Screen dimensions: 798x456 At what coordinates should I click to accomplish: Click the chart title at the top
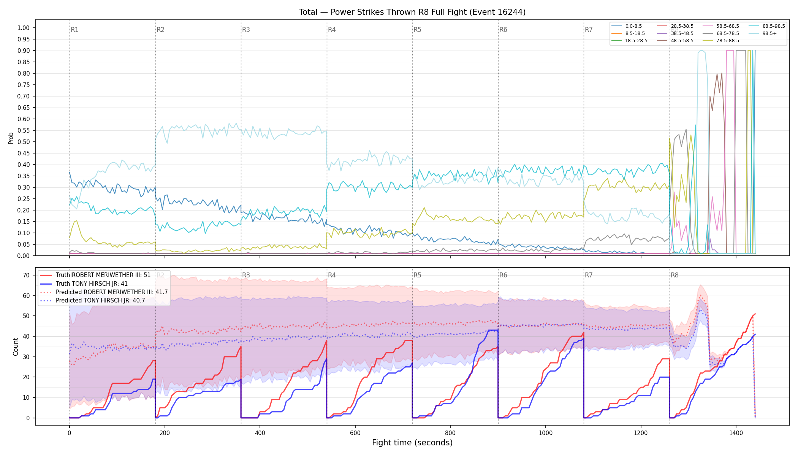tap(412, 12)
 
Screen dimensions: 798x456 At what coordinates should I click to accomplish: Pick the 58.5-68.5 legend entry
tap(720, 26)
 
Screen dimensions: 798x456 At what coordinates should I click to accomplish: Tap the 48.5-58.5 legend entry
tap(675, 41)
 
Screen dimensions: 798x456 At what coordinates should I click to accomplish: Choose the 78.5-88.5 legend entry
tap(720, 41)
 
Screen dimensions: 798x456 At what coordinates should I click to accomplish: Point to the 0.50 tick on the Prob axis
tap(24, 142)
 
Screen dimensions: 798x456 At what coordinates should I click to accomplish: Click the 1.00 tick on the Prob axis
tap(24, 28)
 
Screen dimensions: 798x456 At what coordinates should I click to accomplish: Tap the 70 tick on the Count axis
tap(26, 275)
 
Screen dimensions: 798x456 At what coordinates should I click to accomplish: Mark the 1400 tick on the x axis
tap(736, 433)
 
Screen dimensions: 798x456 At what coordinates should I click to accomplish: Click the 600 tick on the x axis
tap(355, 433)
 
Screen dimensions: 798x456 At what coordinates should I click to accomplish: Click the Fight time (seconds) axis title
tap(412, 443)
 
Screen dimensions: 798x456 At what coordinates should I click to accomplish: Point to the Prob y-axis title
tap(11, 138)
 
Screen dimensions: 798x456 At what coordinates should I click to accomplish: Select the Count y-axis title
tap(16, 347)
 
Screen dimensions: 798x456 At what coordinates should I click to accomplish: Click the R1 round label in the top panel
tap(74, 30)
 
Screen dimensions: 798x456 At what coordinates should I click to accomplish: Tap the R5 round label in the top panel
tap(417, 30)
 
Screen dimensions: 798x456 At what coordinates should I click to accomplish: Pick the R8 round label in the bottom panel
tap(674, 275)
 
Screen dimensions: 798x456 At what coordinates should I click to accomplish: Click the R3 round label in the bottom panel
tap(246, 275)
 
